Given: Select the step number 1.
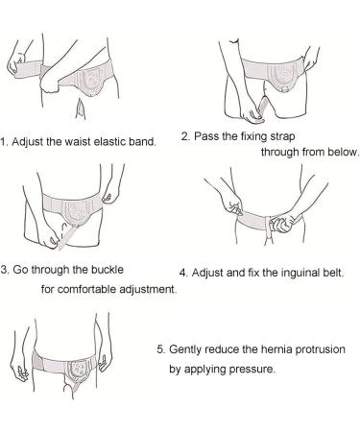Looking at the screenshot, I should [3, 142].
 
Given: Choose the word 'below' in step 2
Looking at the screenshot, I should [340, 152].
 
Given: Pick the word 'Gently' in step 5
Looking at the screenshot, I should [190, 348].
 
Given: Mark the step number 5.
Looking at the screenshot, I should [161, 348].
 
